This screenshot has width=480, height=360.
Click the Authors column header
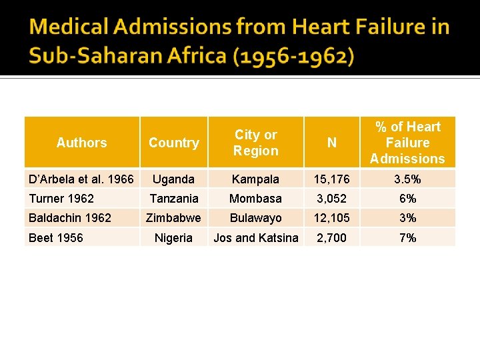(x=81, y=143)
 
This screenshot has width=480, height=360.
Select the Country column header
(x=173, y=143)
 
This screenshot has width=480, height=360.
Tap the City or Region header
(x=256, y=143)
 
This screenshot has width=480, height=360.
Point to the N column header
(x=331, y=143)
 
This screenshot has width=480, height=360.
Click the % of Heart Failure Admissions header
(x=407, y=143)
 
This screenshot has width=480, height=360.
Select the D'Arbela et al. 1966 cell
(x=81, y=179)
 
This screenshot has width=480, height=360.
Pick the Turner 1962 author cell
(x=61, y=199)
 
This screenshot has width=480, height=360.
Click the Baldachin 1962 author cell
(x=70, y=218)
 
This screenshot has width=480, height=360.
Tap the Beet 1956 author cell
(x=56, y=238)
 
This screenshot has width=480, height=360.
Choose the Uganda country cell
(x=173, y=179)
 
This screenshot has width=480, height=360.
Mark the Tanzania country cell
(x=173, y=199)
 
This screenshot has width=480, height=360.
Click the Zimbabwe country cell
(x=173, y=218)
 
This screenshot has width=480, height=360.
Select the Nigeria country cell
(x=173, y=238)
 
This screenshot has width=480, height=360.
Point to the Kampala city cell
(x=256, y=179)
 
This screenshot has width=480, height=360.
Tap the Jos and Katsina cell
(x=256, y=238)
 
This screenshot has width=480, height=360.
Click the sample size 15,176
(x=331, y=179)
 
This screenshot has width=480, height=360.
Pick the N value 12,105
(x=331, y=218)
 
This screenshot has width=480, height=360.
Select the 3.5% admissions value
(x=407, y=179)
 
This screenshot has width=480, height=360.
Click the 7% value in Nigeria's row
(x=407, y=238)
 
